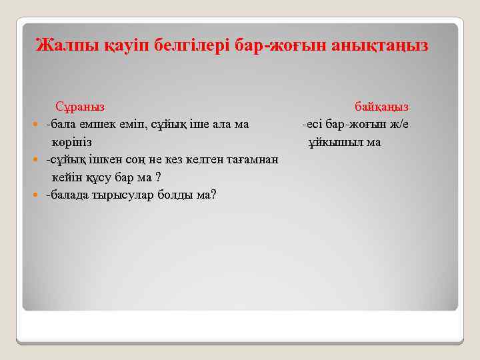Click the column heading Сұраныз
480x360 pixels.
tap(79, 107)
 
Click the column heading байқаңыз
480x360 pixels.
tap(381, 107)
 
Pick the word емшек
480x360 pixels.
tap(95, 124)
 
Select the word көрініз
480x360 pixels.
tap(72, 142)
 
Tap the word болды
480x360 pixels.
tap(170, 195)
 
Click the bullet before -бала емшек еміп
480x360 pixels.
tap(36, 125)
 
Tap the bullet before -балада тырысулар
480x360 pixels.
tap(36, 196)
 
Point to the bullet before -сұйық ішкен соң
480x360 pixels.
tap(36, 161)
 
